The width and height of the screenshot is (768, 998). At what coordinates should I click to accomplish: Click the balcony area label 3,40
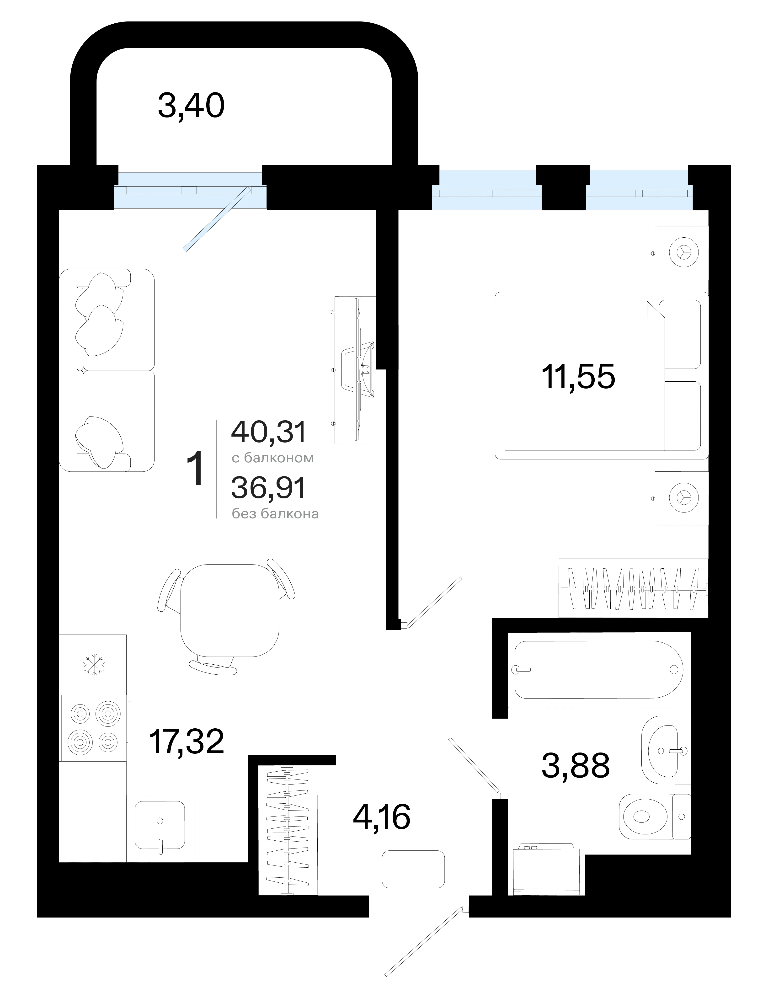click(191, 106)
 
